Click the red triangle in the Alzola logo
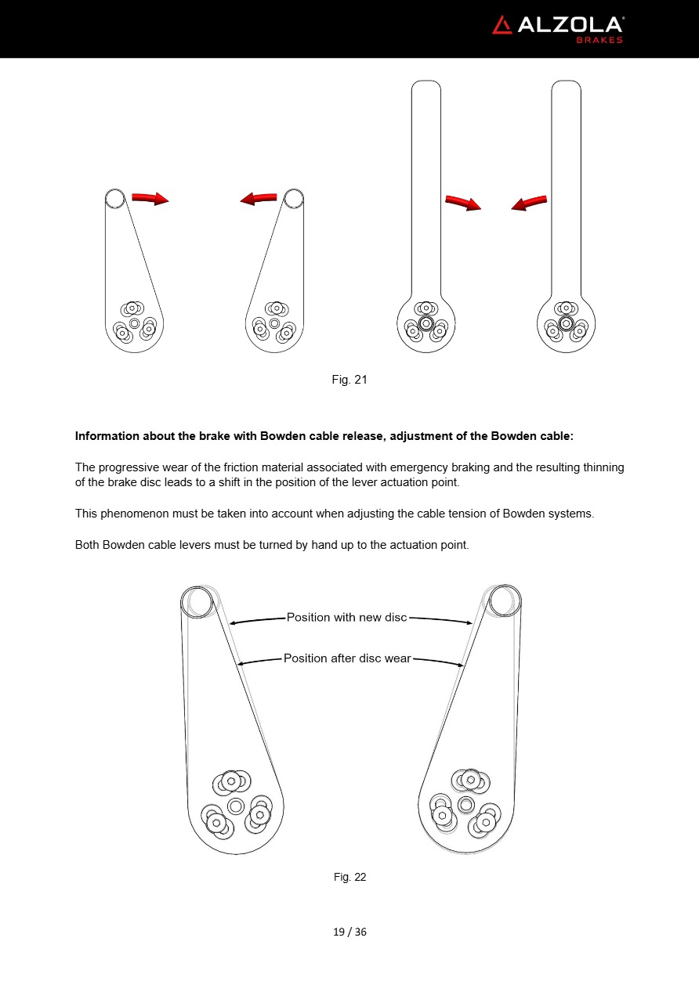click(x=502, y=25)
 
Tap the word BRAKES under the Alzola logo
click(x=599, y=40)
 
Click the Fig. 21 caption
click(x=349, y=380)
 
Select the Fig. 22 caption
click(x=349, y=877)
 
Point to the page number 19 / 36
click(x=349, y=932)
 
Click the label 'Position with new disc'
click(x=346, y=617)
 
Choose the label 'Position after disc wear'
click(x=347, y=658)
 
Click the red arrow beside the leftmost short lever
click(x=150, y=199)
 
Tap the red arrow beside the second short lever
click(x=259, y=199)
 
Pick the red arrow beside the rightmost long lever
click(x=529, y=204)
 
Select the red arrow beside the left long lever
click(x=462, y=203)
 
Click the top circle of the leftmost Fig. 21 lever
click(x=114, y=198)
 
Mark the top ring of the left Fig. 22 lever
click(x=197, y=602)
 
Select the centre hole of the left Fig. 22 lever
click(x=236, y=806)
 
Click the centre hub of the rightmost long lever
click(x=566, y=323)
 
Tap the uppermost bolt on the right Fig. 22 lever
click(x=470, y=779)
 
